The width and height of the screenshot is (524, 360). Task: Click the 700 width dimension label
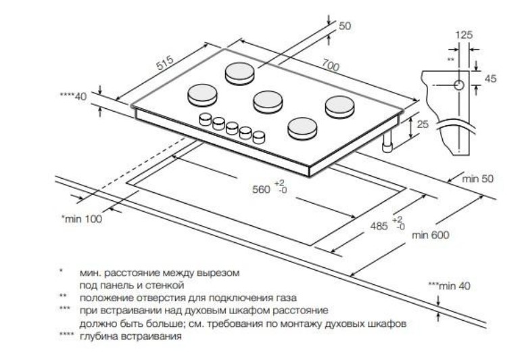[x=331, y=66]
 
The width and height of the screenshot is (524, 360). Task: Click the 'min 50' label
[x=479, y=179]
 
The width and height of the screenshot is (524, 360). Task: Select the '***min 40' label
[x=449, y=286]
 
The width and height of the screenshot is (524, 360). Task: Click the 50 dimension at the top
[x=345, y=26]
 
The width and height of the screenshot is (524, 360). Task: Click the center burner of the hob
[x=267, y=102]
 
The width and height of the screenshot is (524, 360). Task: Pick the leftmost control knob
[x=204, y=120]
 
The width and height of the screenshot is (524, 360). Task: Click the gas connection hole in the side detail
[x=458, y=85]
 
